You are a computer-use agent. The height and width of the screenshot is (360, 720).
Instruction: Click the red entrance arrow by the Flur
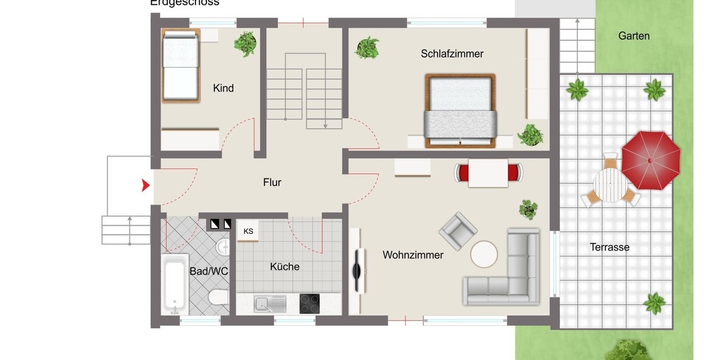click(x=145, y=186)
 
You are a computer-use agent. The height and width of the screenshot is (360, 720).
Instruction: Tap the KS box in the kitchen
click(x=248, y=231)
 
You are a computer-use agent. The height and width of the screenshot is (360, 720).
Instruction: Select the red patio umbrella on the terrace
click(x=650, y=160)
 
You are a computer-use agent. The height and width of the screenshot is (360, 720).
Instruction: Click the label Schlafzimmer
click(x=452, y=54)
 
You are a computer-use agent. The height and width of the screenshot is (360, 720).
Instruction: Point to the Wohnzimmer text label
click(x=413, y=255)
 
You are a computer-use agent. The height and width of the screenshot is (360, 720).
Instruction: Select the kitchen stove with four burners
click(x=310, y=303)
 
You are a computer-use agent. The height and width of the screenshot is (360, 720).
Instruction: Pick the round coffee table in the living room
click(x=484, y=254)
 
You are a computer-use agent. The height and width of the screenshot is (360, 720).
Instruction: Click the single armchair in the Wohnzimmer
click(x=458, y=230)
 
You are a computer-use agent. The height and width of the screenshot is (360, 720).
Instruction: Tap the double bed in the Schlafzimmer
click(x=460, y=111)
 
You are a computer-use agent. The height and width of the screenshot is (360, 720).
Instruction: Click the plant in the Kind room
click(x=245, y=43)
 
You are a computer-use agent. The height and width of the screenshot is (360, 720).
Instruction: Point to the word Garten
click(x=634, y=36)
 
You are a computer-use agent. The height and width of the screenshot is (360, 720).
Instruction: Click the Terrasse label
click(x=610, y=247)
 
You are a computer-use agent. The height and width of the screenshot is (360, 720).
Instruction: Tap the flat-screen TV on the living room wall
click(x=358, y=271)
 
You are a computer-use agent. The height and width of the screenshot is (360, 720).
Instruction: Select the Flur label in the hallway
click(x=272, y=182)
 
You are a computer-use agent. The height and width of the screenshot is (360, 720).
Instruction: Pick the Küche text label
click(x=284, y=267)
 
